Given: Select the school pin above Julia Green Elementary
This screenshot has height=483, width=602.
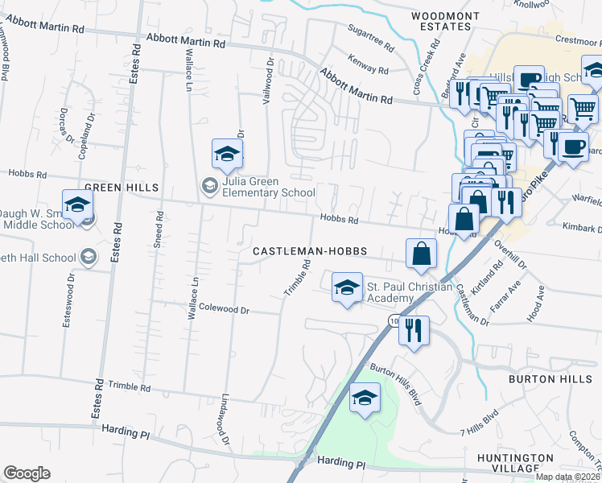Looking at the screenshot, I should point(227,155).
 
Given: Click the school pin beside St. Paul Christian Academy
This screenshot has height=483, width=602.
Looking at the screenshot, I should point(347,288).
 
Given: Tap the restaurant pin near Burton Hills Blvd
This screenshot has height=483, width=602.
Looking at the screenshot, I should point(414,330).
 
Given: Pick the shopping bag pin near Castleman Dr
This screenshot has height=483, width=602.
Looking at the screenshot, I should point(421,254).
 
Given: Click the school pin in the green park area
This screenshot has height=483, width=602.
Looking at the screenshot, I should point(365,398).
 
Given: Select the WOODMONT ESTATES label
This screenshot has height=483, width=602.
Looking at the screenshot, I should point(439,21).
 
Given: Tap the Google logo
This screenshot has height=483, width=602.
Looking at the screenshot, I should point(27,473).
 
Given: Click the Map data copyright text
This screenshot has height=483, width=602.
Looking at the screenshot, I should point(568,477).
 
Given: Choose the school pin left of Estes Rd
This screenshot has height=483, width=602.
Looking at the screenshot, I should point(78,204).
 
